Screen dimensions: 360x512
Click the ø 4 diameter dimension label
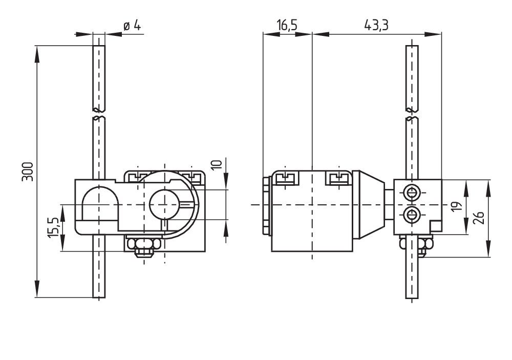(132, 26)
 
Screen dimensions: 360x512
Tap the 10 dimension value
(217, 164)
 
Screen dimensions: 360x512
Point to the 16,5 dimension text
(287, 26)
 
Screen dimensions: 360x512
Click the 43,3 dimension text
(376, 26)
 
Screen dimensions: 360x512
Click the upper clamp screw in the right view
(411, 193)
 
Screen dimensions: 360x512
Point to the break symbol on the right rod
(412, 114)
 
